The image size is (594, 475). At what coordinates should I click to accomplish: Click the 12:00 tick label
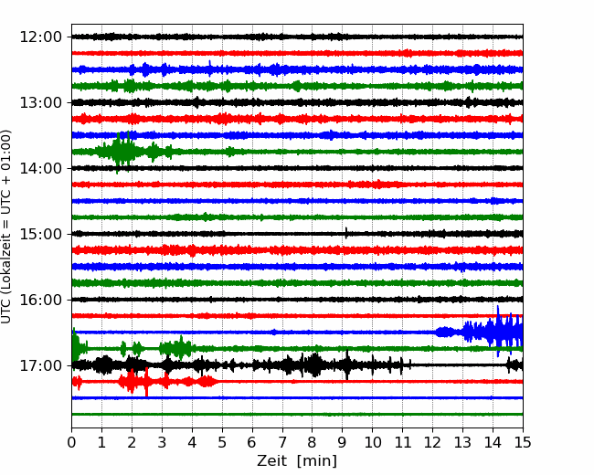click(x=40, y=37)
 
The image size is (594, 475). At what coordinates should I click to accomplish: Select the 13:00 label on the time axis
click(x=40, y=102)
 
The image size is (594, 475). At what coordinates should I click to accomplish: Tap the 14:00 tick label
click(x=40, y=168)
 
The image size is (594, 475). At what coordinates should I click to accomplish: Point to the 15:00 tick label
click(x=40, y=234)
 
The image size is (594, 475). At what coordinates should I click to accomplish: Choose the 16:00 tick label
click(x=40, y=300)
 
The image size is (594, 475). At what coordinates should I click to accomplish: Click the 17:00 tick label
click(x=40, y=365)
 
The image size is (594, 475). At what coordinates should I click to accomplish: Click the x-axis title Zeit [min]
click(x=297, y=461)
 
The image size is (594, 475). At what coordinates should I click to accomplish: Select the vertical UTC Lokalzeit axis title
click(x=6, y=227)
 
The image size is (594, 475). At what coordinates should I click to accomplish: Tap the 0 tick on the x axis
click(x=71, y=442)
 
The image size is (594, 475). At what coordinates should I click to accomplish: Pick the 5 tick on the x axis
click(x=222, y=442)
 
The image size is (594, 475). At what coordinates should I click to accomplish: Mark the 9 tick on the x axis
click(x=343, y=442)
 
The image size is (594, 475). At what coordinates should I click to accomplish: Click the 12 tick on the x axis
click(x=432, y=442)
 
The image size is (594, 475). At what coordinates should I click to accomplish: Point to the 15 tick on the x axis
click(x=523, y=442)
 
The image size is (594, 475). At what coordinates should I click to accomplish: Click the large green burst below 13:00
click(x=123, y=152)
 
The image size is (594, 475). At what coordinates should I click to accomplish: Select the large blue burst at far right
click(x=493, y=332)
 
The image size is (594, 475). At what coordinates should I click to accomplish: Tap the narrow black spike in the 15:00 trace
click(x=346, y=233)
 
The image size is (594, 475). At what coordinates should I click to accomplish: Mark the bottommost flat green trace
click(x=297, y=415)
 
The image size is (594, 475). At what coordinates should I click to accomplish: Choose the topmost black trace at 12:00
click(x=297, y=37)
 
